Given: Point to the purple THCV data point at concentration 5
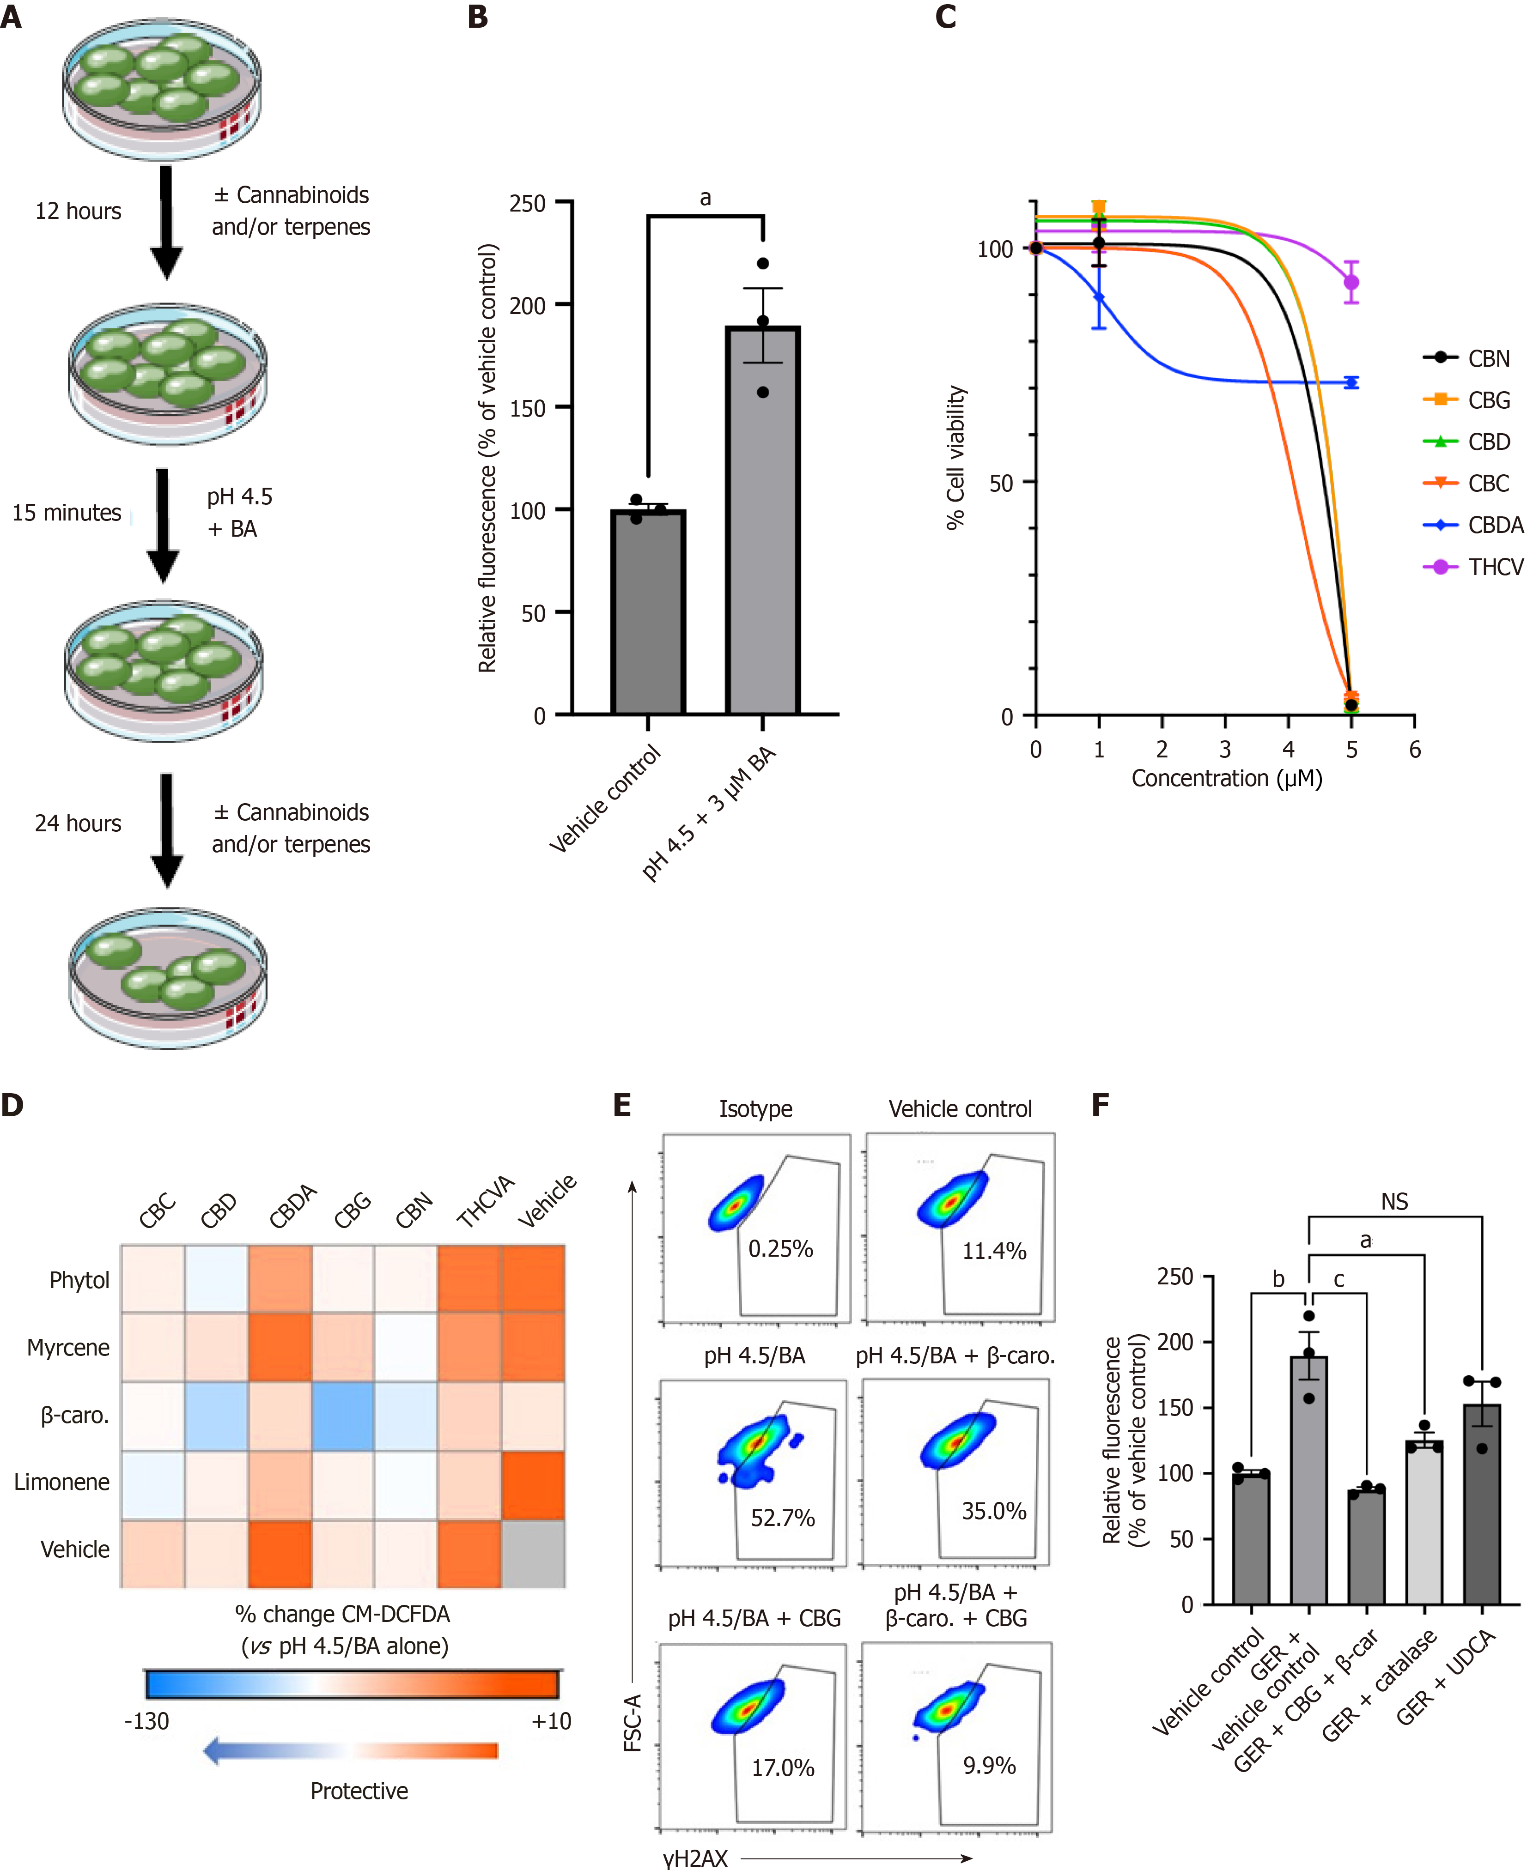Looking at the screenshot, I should tap(1351, 282).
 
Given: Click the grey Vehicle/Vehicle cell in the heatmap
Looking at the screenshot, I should tap(533, 1554).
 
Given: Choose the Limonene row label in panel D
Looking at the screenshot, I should tap(61, 1483).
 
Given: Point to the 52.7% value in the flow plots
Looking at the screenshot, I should tap(782, 1519).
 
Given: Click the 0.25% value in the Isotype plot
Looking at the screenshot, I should tap(780, 1248).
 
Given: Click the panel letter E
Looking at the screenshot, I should tap(622, 1105).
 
